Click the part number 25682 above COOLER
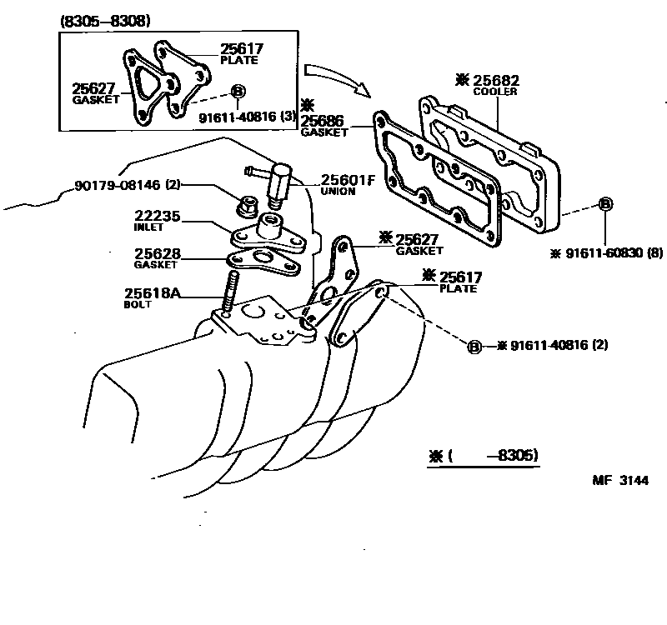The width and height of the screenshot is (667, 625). coord(496,80)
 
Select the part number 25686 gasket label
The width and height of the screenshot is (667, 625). coord(322,121)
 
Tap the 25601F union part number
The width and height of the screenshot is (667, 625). coord(348,180)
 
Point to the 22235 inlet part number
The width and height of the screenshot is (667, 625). coord(158,216)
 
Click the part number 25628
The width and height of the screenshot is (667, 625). coord(158,254)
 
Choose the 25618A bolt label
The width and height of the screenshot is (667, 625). coord(152,293)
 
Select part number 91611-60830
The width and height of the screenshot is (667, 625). coord(604,253)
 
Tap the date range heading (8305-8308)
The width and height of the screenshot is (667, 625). coord(106,21)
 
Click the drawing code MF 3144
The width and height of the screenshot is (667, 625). coord(620,481)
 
